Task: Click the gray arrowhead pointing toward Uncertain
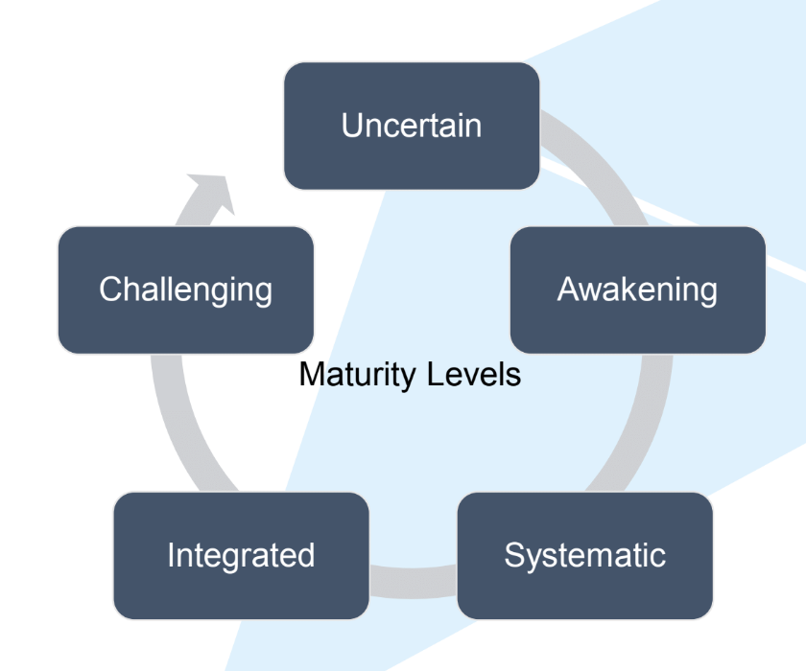coord(213,193)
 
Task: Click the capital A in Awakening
coord(567,289)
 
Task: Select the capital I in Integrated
coord(171,555)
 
